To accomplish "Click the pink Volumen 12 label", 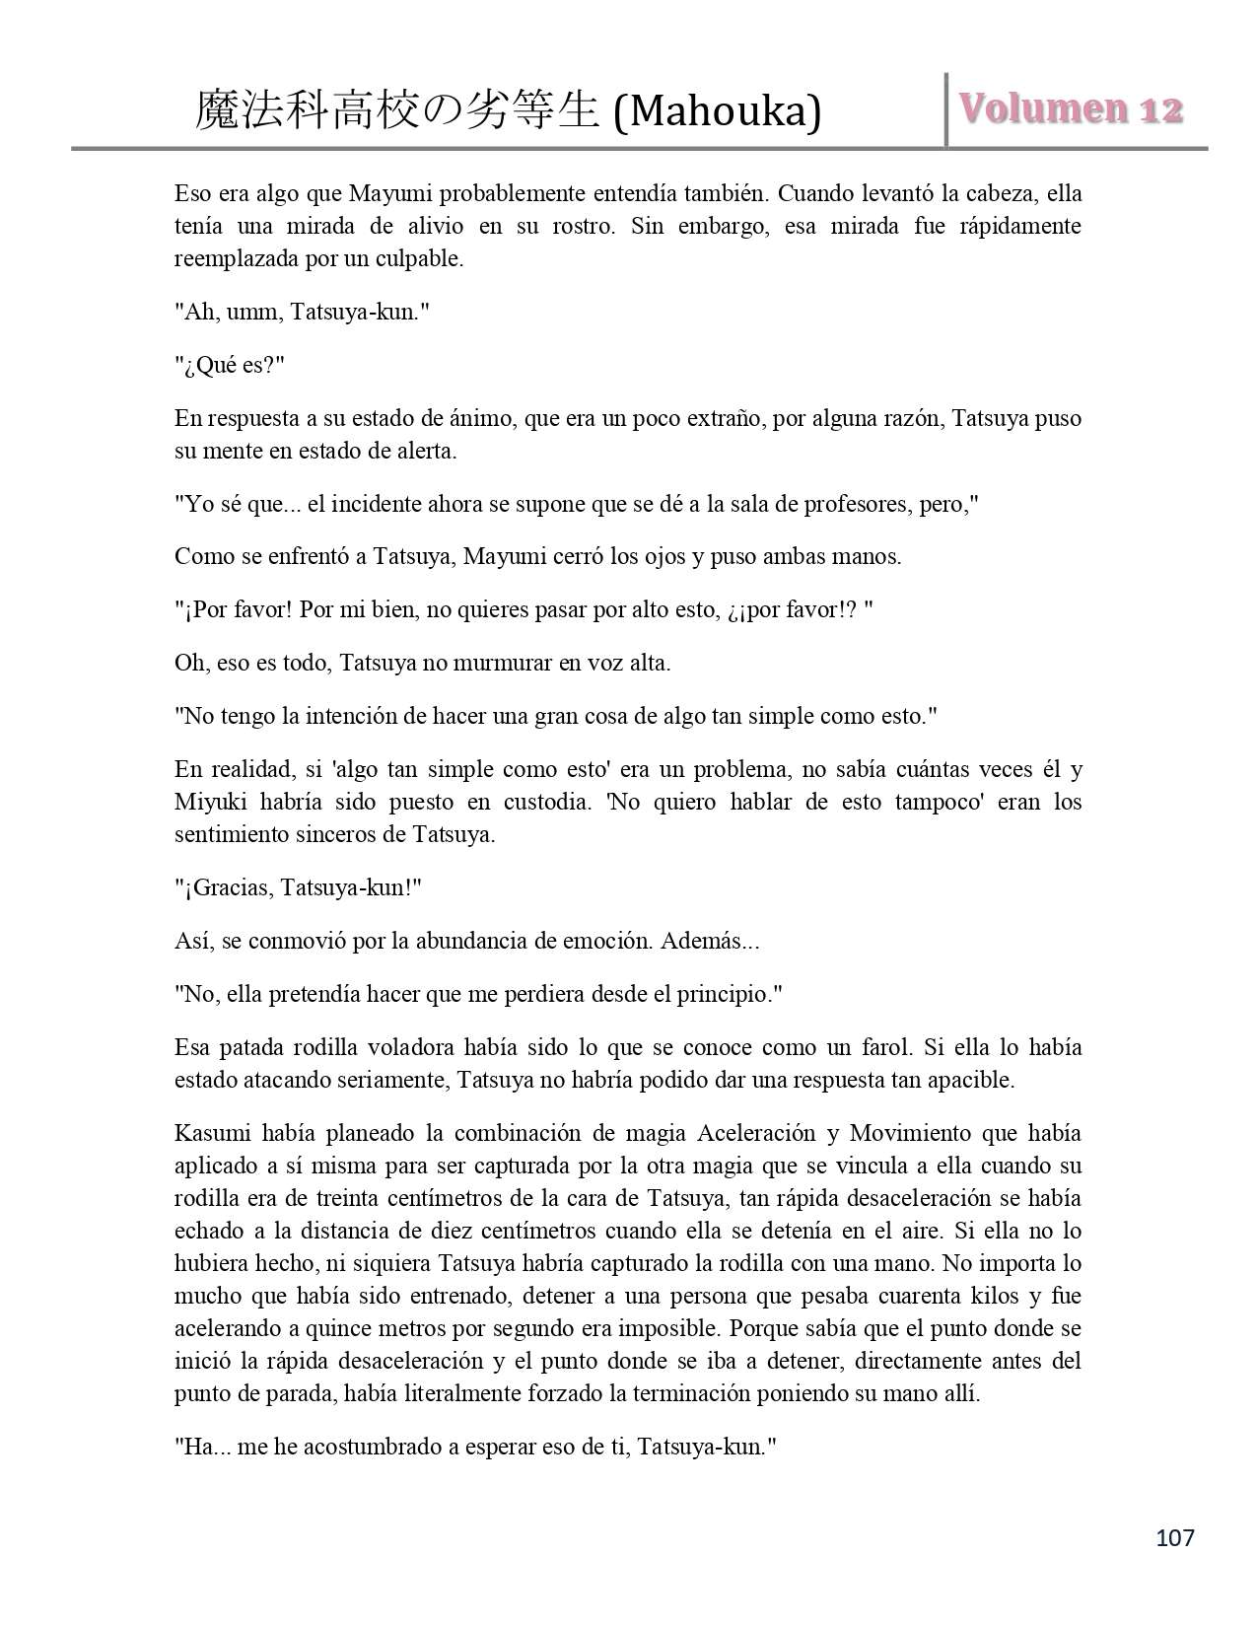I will pos(1072,108).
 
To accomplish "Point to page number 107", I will pos(1173,1537).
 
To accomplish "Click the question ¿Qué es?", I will pos(230,365).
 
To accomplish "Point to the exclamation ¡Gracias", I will pos(230,887).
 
